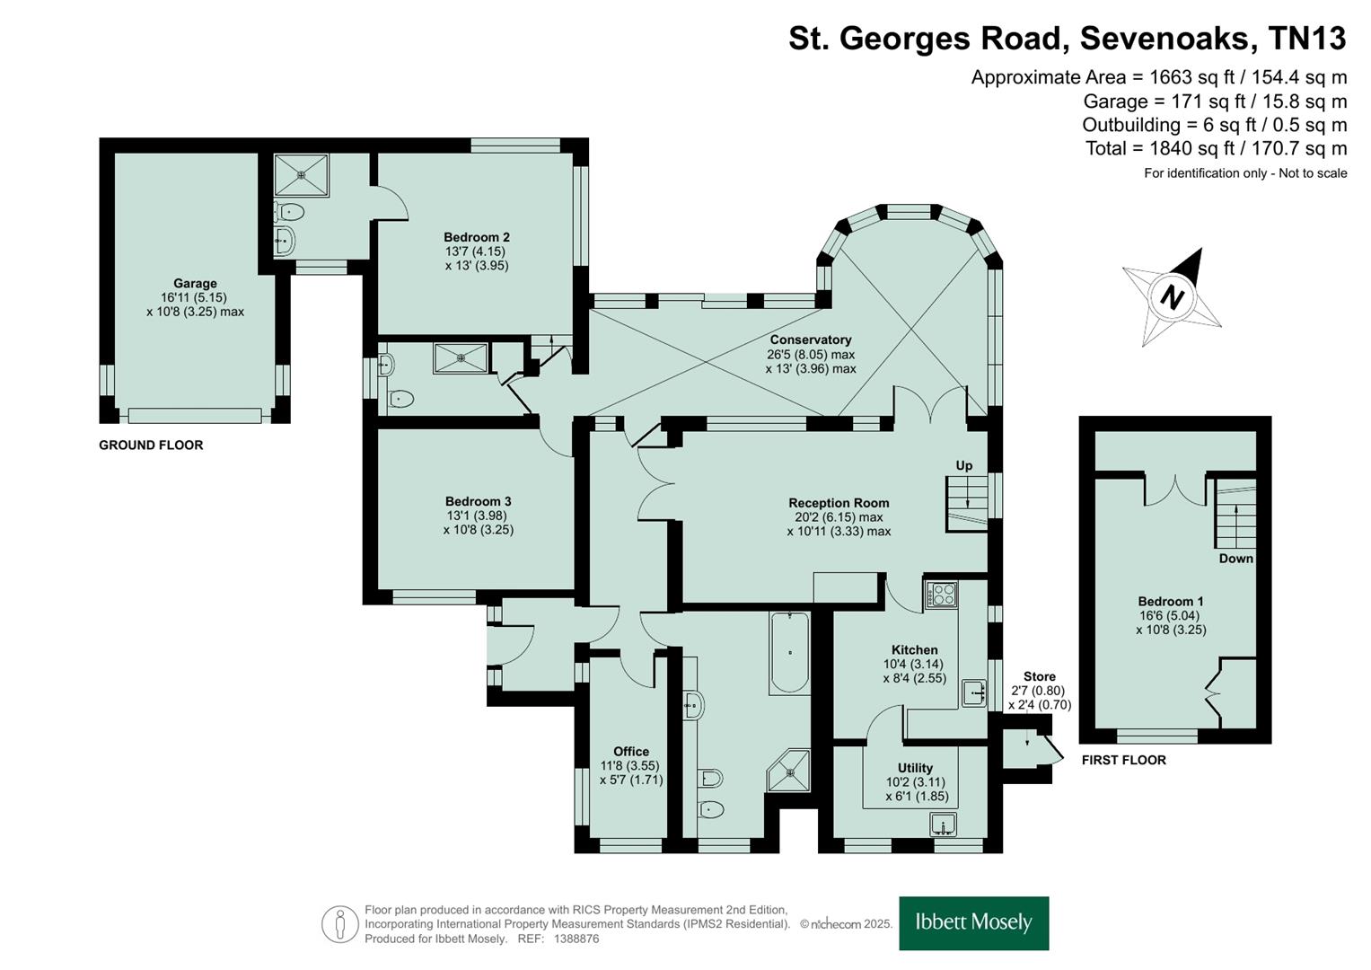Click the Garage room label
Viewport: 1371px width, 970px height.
click(x=195, y=284)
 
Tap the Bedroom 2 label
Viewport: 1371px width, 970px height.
click(x=477, y=237)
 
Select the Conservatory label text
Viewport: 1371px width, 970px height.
click(x=811, y=339)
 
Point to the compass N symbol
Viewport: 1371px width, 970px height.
click(x=1172, y=298)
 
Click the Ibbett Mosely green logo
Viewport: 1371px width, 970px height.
click(x=974, y=923)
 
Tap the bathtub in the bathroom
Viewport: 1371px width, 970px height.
click(x=789, y=652)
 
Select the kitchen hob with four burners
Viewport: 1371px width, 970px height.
click(x=941, y=594)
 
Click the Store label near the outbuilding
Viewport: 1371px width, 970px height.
click(x=1040, y=676)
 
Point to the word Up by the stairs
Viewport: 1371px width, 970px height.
click(x=964, y=465)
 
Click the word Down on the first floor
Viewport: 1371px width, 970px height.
click(x=1235, y=559)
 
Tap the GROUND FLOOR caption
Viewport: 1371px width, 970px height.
click(x=151, y=445)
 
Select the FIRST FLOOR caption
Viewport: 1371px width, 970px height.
click(x=1124, y=760)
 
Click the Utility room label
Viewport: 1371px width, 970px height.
click(x=915, y=768)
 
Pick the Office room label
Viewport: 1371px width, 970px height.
click(x=631, y=752)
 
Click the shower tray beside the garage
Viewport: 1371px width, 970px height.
click(x=301, y=175)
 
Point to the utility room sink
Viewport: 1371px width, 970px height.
click(x=943, y=824)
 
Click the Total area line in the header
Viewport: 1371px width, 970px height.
click(x=1217, y=148)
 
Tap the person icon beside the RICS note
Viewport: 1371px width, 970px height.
click(x=339, y=924)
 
